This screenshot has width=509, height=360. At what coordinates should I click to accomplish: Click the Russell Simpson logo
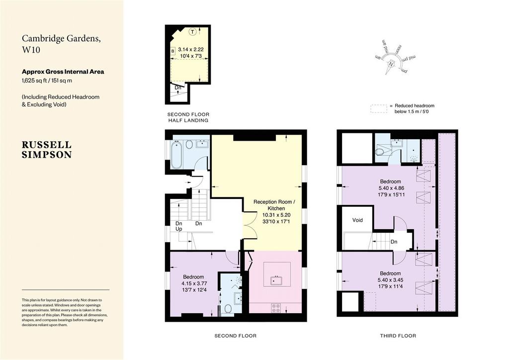(x=47, y=150)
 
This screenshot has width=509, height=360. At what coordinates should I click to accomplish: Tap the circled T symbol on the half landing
(x=193, y=32)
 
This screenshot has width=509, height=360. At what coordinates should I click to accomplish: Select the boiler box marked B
(x=173, y=51)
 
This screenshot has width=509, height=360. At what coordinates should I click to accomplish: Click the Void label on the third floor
(x=357, y=220)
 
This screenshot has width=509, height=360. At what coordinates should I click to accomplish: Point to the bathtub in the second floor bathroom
(x=176, y=155)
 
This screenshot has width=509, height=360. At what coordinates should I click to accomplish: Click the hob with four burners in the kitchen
(x=276, y=308)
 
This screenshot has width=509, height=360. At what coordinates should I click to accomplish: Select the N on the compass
(x=391, y=64)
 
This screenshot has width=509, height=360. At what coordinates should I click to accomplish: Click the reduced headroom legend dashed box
(x=378, y=109)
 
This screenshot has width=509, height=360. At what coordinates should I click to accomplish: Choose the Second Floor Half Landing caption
(x=188, y=117)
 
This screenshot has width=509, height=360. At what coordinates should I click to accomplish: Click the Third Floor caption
(x=398, y=336)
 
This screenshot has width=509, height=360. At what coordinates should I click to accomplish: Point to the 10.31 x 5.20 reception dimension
(x=276, y=215)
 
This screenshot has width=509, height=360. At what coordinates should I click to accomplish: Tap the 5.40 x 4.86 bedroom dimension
(x=391, y=188)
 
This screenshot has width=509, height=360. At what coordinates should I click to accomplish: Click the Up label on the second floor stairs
(x=179, y=229)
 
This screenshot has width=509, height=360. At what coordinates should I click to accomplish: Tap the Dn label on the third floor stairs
(x=394, y=242)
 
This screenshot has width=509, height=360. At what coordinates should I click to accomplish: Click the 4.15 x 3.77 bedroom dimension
(x=194, y=283)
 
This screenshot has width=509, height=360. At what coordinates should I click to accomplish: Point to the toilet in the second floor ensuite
(x=228, y=309)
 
